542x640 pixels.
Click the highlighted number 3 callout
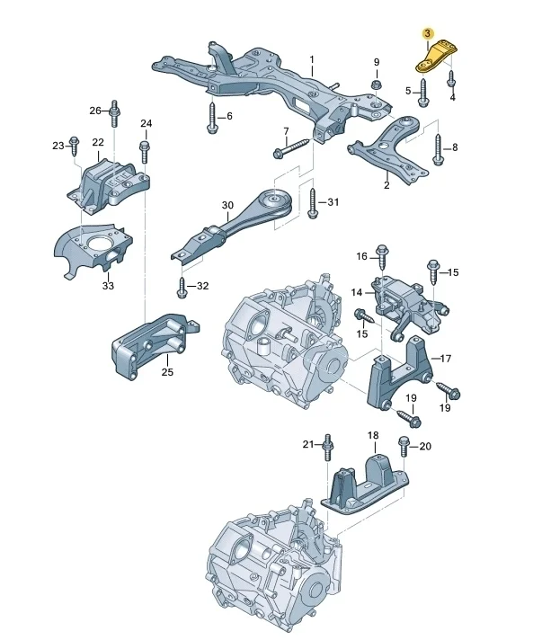coord(428,33)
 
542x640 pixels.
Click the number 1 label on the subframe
coord(312,62)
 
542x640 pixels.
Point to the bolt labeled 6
coord(211,119)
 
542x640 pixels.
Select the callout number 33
coord(108,286)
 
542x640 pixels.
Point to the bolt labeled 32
coord(182,287)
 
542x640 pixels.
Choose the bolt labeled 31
coord(312,204)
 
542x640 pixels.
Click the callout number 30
coord(227,205)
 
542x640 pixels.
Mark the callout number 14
coord(356,292)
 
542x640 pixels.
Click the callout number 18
coord(372,435)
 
